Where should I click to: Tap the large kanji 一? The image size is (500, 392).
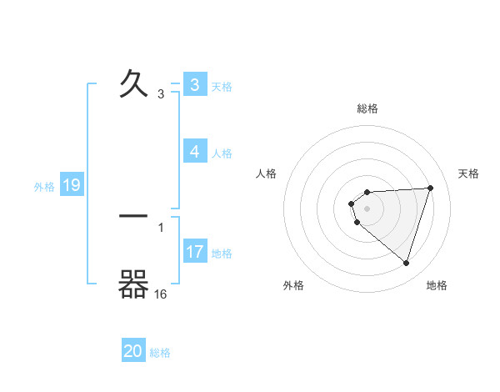tap(134, 216)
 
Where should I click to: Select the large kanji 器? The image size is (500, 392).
tap(134, 285)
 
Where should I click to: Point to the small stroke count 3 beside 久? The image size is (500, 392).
tap(161, 94)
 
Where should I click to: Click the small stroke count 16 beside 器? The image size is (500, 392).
tap(161, 294)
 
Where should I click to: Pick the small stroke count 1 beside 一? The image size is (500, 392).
tap(161, 227)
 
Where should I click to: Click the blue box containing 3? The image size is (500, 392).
tap(194, 85)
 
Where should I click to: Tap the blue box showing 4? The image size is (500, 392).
tap(194, 152)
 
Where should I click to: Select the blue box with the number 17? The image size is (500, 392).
tap(195, 252)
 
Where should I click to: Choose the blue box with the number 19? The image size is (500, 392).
tap(71, 185)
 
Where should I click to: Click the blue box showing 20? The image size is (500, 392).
tap(133, 351)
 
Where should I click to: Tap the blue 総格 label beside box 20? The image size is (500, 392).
tap(160, 353)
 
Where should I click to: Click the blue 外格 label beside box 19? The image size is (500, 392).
tap(44, 187)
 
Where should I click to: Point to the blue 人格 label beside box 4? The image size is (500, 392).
tap(222, 153)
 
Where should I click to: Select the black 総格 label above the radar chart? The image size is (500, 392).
tap(367, 108)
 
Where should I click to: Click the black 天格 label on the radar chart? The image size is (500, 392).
tap(469, 173)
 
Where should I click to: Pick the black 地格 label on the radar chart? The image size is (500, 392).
tap(437, 285)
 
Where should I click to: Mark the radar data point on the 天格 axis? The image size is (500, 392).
tap(430, 188)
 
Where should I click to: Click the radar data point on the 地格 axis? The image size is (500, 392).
tap(406, 263)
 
